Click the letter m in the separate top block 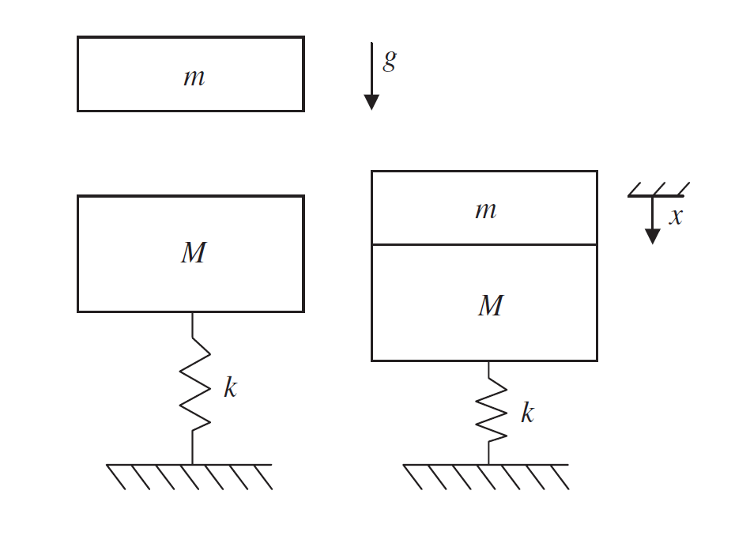coord(194,77)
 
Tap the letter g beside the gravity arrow coord(389,61)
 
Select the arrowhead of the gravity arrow coord(371,102)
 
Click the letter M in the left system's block coord(193,253)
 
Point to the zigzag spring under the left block coord(194,387)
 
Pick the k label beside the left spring coord(230,387)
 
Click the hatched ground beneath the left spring coord(190,477)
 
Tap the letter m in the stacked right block coord(485,209)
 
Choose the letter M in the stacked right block coord(490,306)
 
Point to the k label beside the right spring coord(527,413)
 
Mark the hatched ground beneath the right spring coord(486,477)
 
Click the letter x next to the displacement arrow coord(676,217)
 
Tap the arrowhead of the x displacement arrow coord(652,236)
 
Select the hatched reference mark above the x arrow coord(658,190)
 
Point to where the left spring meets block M coord(193,312)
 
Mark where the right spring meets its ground coord(488,464)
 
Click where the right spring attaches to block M coord(488,361)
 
